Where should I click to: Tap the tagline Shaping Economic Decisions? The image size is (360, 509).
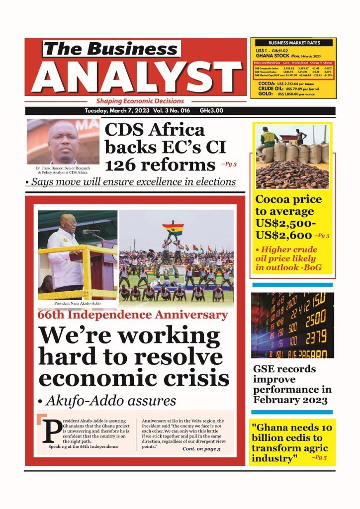140,101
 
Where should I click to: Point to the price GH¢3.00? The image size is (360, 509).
211,111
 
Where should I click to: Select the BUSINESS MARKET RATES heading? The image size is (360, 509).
294,43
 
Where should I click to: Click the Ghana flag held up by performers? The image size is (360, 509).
173,229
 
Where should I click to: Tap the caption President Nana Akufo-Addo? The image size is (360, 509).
77,303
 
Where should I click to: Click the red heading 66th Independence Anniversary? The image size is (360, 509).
133,315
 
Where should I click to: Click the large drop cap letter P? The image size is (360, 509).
50,430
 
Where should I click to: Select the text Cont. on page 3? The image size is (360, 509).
201,449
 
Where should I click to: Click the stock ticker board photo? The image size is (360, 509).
292,325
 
